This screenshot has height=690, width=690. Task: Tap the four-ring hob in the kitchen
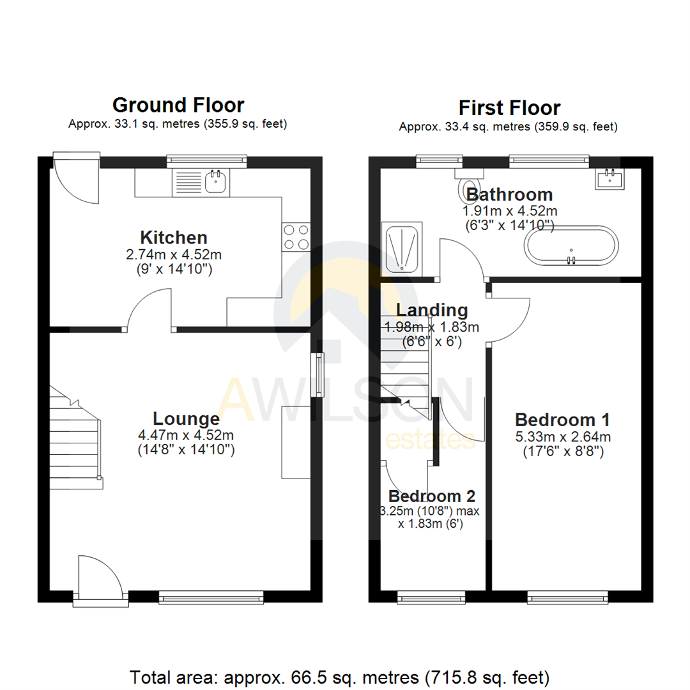click(x=296, y=236)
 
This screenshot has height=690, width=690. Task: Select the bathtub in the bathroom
click(x=571, y=244)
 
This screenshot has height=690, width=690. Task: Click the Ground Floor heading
click(x=178, y=105)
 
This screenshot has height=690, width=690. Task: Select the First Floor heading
click(x=509, y=107)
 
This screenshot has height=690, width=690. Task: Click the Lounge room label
click(x=186, y=419)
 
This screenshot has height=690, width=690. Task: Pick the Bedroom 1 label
click(x=562, y=420)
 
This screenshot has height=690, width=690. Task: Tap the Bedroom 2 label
click(x=432, y=496)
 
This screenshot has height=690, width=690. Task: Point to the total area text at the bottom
click(x=339, y=676)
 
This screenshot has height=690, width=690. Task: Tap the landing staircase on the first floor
click(x=405, y=358)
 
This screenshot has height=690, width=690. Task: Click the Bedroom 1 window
click(x=567, y=599)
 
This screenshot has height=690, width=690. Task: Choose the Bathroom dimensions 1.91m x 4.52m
click(x=509, y=211)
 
